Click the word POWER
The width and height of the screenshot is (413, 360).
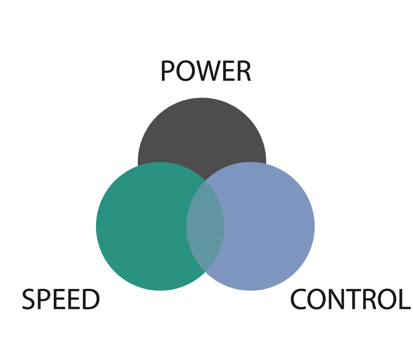pos(205,71)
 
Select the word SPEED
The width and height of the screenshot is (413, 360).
pos(61,299)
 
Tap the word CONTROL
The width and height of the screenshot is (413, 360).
pos(350,299)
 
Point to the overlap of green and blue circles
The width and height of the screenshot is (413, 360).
pos(205,227)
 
